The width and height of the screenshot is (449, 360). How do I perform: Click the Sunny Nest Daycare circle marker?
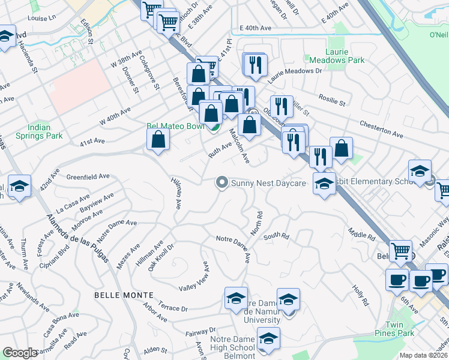click(x=222, y=182)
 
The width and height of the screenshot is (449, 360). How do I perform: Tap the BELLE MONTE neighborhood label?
click(x=118, y=296)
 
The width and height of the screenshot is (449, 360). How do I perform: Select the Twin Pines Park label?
click(x=400, y=329)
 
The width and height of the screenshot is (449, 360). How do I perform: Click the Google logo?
click(x=20, y=352)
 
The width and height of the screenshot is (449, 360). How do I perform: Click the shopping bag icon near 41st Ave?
click(x=158, y=140)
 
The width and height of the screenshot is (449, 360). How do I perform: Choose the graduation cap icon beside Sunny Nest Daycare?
click(x=324, y=184)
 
